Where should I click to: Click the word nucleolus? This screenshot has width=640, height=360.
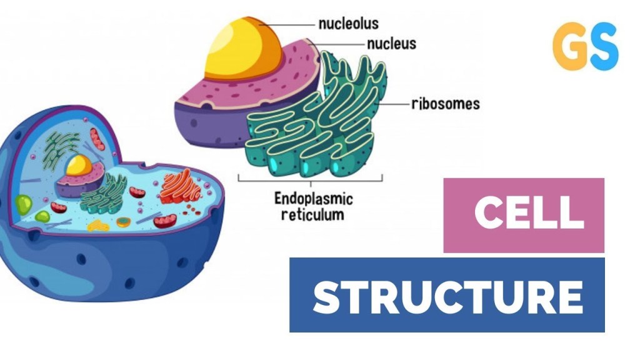[348, 24]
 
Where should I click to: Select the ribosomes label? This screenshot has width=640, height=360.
[445, 104]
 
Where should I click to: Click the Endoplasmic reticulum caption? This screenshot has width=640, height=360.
[313, 207]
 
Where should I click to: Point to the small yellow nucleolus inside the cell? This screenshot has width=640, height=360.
[79, 166]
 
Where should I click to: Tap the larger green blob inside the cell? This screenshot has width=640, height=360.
[24, 204]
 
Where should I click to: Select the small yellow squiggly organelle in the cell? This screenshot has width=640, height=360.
[97, 224]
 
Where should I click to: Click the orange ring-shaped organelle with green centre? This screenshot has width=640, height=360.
[124, 221]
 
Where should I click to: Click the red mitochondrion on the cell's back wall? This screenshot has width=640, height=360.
[97, 139]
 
